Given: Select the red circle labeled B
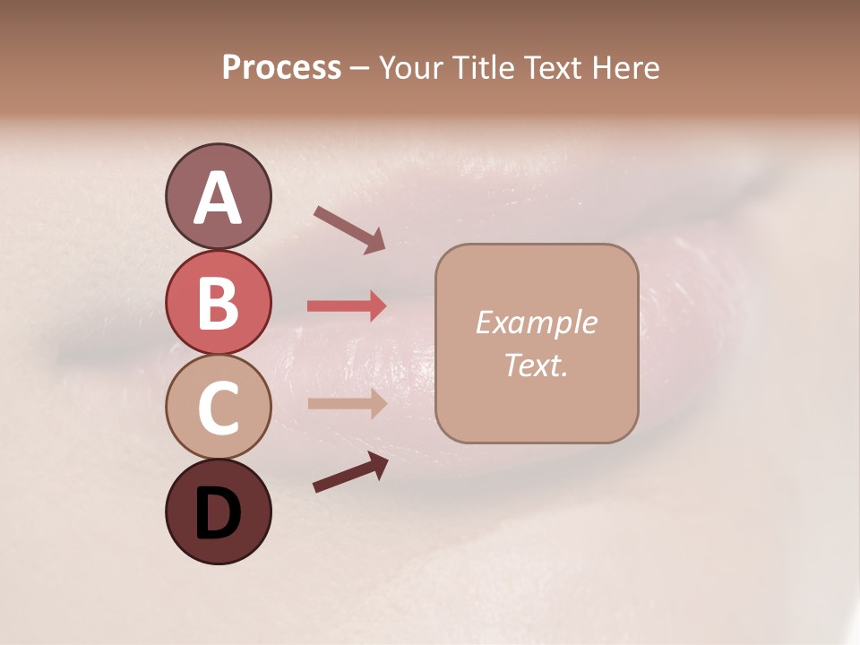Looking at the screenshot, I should tap(218, 302).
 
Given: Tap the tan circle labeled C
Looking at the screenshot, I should tap(218, 407).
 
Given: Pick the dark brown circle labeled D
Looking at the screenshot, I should tap(218, 512).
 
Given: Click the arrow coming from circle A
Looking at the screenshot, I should tap(349, 228).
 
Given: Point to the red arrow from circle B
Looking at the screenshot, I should tap(347, 306).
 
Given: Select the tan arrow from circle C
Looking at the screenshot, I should tap(347, 403).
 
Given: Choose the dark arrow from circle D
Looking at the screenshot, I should tap(350, 472).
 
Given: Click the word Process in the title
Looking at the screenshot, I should tap(281, 68).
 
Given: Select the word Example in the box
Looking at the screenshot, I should tap(536, 322).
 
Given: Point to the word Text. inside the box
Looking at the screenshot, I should tap(536, 365).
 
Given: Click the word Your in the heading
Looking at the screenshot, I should tap(411, 68).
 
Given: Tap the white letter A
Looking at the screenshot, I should tap(218, 198).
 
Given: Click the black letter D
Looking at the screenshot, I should tap(218, 514).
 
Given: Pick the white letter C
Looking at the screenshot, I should tap(218, 408).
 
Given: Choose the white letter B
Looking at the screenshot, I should tap(218, 304).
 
